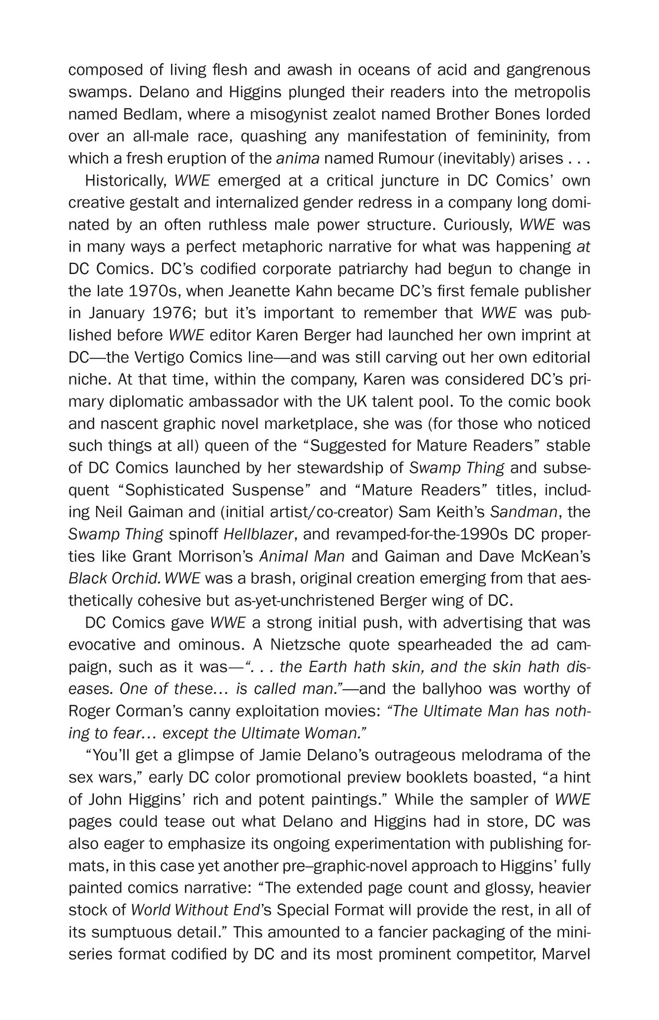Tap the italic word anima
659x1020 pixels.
(x=297, y=158)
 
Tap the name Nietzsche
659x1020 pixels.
(x=305, y=645)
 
